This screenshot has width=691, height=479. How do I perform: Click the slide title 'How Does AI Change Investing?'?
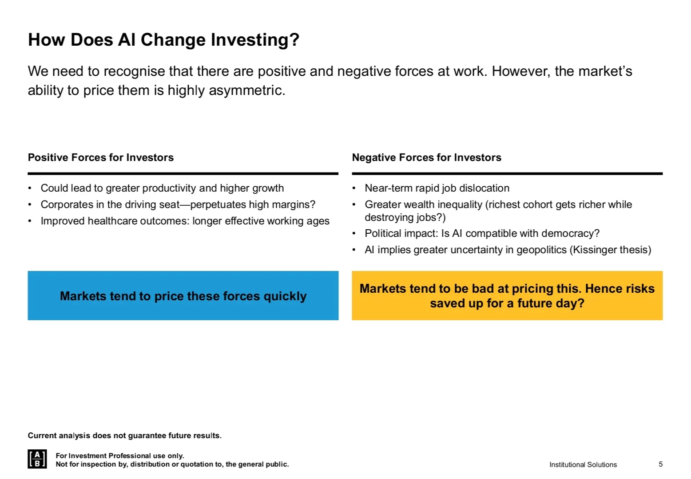coord(163,40)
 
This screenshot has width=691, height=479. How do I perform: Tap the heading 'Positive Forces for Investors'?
coord(101,157)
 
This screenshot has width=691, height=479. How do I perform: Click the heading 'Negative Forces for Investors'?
coord(426,157)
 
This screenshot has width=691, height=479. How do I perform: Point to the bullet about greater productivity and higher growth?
coord(162,188)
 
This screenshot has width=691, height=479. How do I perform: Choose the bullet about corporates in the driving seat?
coord(178,204)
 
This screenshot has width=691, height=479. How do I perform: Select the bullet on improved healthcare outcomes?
coord(185,221)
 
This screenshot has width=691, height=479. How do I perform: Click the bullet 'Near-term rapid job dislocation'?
coord(437,188)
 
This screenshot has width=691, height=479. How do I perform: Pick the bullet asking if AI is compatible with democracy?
coord(482,233)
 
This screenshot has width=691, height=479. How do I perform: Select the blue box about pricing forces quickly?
coord(183,296)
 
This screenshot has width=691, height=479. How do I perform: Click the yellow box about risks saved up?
coord(507,296)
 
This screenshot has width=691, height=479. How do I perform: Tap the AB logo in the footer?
coord(37,459)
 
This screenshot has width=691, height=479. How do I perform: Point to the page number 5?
coord(660,464)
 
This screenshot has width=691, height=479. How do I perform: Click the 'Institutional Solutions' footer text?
coord(583,464)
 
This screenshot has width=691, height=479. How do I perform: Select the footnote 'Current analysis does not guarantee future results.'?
coord(124,436)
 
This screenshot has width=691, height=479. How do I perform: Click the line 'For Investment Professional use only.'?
coord(120,455)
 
